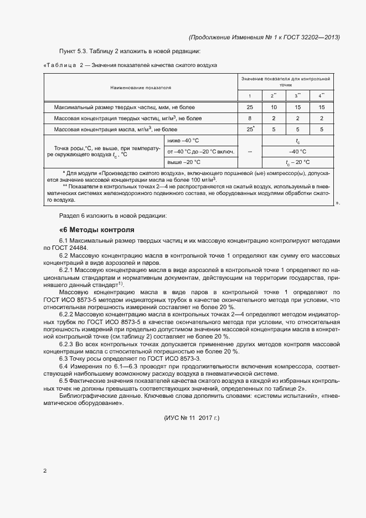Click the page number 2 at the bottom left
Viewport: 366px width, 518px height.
click(45, 471)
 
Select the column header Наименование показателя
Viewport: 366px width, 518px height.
click(141, 88)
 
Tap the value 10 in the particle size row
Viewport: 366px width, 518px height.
click(274, 107)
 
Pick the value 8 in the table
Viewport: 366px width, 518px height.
click(250, 118)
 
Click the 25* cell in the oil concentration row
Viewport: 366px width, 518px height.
click(250, 129)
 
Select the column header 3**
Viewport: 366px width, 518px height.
click(298, 96)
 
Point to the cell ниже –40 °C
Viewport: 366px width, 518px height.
click(183, 140)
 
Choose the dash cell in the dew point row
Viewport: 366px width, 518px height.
click(250, 151)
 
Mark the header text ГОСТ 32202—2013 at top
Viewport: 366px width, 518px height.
click(312, 37)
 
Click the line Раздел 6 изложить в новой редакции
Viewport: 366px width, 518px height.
click(112, 215)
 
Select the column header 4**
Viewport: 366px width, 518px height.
click(322, 96)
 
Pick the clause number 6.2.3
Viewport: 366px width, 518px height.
click(66, 344)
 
